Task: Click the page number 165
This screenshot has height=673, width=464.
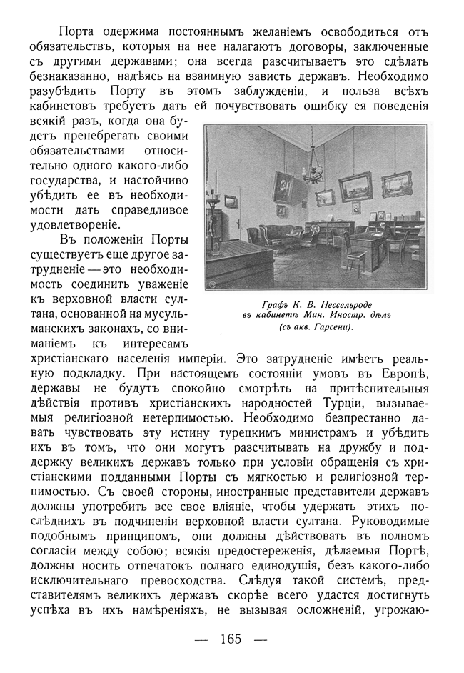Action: pyautogui.click(x=232, y=639)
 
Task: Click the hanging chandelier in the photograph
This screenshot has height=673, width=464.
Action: pyautogui.click(x=312, y=171)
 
